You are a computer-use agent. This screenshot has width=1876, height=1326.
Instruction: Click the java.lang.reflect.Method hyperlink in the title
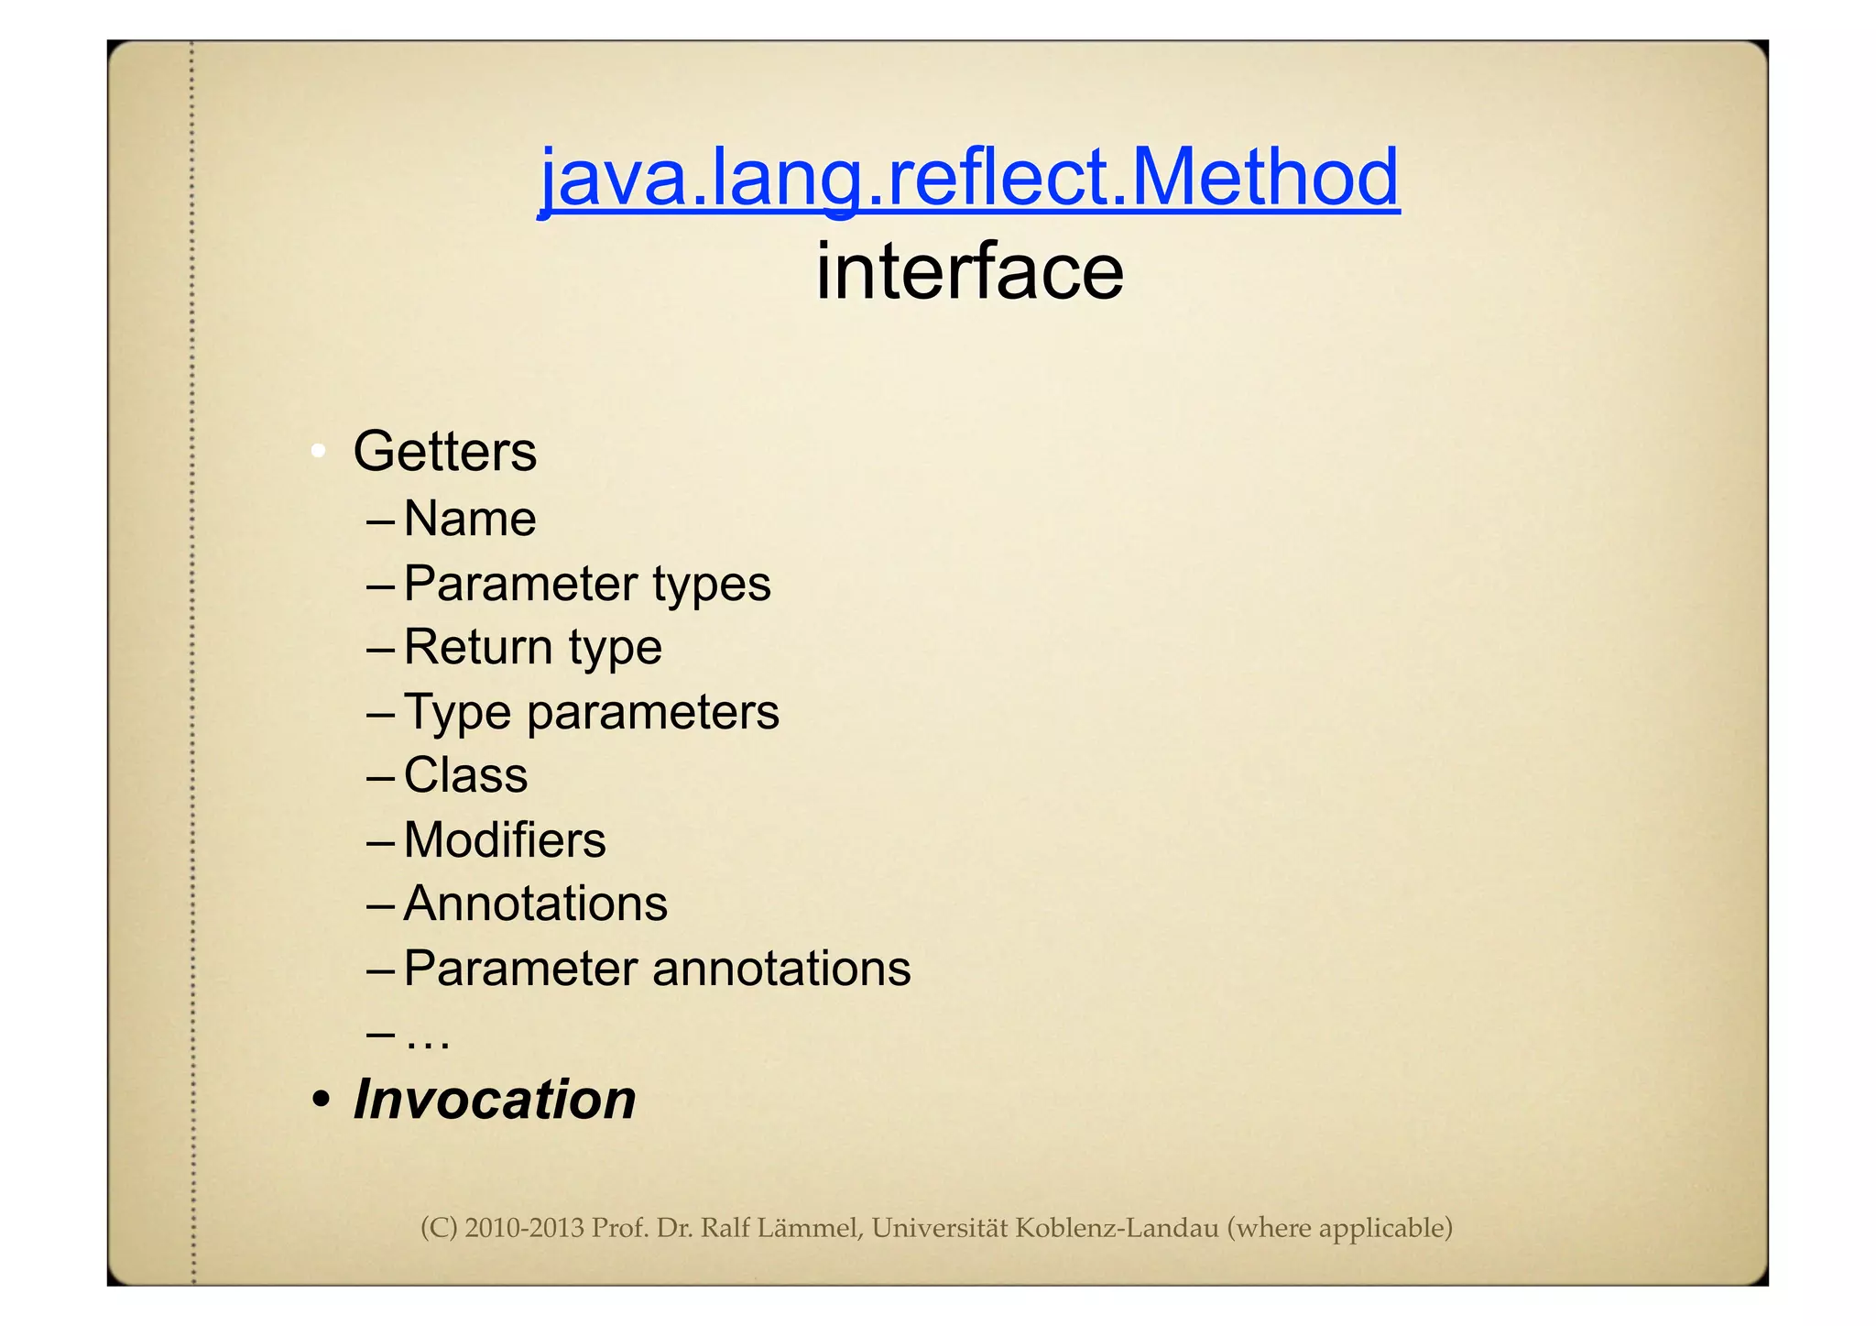pos(968,178)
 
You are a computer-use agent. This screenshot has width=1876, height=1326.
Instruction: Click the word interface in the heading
pos(969,272)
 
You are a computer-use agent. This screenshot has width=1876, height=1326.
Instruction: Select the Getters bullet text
pos(444,452)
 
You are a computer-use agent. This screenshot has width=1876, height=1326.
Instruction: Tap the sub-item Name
pos(470,520)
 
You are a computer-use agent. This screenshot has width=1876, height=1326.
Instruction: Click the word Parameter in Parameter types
pos(520,584)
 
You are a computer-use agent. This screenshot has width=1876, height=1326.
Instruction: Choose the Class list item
pos(465,776)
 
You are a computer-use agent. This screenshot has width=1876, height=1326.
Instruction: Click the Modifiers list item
pos(505,840)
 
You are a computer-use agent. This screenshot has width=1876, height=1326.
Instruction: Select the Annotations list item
pos(536,904)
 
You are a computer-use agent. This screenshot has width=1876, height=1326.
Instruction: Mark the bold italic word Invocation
pos(495,1100)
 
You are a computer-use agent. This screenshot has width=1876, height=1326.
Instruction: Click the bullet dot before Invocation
pos(320,1100)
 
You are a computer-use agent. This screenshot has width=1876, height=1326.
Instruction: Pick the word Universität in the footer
pos(939,1228)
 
